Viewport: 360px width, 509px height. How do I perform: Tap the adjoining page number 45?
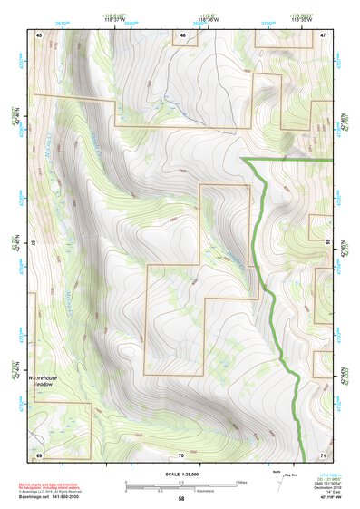(39, 34)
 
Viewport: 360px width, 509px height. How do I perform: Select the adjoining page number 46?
(182, 34)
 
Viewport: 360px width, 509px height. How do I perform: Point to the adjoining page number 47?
(323, 34)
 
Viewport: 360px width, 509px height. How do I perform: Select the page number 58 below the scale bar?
(180, 498)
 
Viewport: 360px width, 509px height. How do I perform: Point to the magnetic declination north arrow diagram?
(276, 482)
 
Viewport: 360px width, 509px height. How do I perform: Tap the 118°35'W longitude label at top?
(303, 19)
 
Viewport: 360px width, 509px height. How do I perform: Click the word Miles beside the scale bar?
(241, 482)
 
